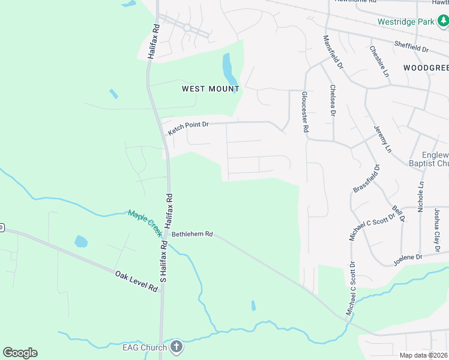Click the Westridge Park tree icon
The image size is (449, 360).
tap(443, 22)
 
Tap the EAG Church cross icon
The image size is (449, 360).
tap(176, 346)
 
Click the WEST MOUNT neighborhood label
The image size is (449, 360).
tap(211, 89)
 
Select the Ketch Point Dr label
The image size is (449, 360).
tap(188, 128)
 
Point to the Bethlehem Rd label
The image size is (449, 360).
tap(192, 235)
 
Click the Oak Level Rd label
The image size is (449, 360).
tap(137, 281)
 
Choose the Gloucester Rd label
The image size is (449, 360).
tap(304, 112)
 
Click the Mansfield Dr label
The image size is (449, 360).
tap(331, 52)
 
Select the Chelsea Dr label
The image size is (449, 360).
tap(333, 100)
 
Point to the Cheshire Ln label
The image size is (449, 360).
tap(379, 61)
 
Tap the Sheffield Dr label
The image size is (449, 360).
tap(411, 46)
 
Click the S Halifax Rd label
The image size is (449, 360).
tap(163, 261)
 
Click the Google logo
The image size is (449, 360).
tap(20, 353)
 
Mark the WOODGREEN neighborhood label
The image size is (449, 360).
tap(426, 68)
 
